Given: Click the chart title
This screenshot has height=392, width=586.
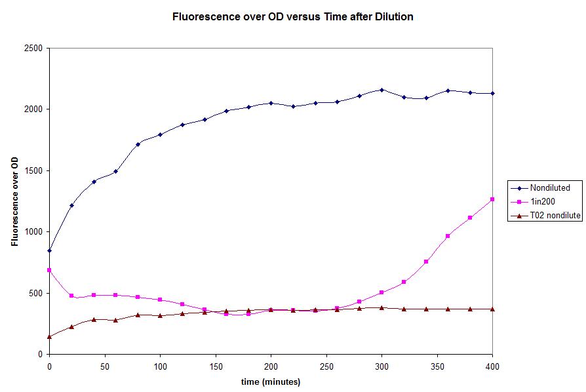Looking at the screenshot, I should (292, 17).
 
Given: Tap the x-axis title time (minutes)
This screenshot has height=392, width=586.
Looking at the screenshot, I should (271, 382).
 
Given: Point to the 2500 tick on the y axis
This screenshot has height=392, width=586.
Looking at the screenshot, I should (32, 48).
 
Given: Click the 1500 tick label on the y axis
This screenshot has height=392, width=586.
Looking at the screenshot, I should (32, 170).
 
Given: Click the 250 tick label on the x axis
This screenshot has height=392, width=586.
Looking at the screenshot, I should (271, 365).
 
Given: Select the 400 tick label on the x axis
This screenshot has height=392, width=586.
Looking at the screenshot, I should (492, 365).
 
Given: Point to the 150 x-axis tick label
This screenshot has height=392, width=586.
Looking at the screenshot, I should (160, 365).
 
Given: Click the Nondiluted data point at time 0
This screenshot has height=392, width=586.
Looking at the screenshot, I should (49, 250).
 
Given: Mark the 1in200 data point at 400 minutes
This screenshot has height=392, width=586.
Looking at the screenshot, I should (492, 199).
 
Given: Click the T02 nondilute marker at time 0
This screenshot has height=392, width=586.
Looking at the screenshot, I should (49, 336).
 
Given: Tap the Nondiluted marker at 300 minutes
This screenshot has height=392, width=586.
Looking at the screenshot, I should (381, 90).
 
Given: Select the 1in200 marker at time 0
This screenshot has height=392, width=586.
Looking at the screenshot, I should (49, 270).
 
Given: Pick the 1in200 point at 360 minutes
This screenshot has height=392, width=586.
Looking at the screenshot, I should (448, 236).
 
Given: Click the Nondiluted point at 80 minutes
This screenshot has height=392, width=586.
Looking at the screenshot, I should (138, 144).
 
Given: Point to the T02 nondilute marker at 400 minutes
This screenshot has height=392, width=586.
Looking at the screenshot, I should (492, 309).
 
